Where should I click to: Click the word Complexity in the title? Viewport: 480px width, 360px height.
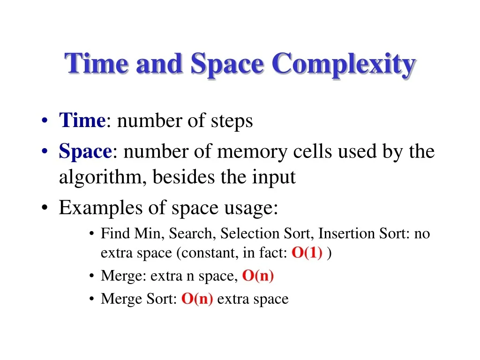[344, 65]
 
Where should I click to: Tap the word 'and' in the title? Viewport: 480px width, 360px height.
[159, 63]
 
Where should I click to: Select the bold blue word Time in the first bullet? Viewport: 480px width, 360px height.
[82, 120]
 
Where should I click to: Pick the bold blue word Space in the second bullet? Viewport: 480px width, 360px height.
[85, 151]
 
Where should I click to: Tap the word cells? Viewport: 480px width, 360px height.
[313, 151]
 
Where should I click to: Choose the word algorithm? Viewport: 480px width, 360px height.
[100, 178]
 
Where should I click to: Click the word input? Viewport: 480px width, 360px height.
[274, 178]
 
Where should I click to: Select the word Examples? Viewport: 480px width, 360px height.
[101, 208]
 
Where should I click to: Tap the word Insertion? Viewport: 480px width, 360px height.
[346, 233]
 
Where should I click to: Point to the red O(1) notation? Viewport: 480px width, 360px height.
[307, 253]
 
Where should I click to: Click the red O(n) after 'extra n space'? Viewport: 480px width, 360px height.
[258, 276]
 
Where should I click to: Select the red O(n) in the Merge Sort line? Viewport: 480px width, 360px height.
[197, 299]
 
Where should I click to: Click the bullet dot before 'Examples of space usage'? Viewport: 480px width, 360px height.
[45, 208]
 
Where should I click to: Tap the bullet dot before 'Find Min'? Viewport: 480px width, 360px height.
[91, 234]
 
